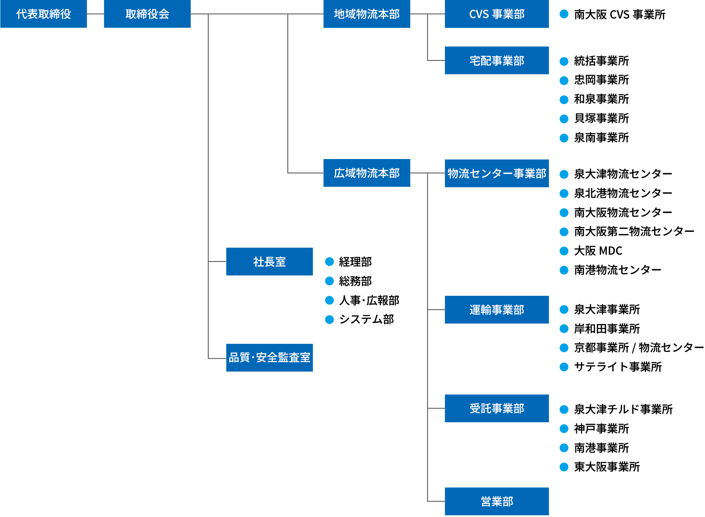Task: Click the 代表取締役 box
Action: (43, 14)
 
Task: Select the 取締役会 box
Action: (147, 14)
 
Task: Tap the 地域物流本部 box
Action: (367, 14)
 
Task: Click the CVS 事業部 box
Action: (497, 14)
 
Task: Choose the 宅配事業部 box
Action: (497, 60)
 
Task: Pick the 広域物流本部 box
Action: (367, 173)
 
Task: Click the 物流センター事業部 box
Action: (497, 173)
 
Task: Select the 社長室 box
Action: (269, 262)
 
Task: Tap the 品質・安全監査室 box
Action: (269, 358)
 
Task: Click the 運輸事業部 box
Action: (497, 310)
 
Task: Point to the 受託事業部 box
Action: (497, 408)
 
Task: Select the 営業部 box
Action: (497, 501)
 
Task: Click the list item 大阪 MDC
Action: (598, 251)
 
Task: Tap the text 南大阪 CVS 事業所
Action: (619, 15)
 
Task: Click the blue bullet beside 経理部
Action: (329, 262)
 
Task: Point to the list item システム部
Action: (366, 319)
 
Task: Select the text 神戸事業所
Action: (601, 429)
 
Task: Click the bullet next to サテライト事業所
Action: (564, 367)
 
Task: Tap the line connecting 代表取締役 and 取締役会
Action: (95, 14)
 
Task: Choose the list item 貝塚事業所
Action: (601, 118)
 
